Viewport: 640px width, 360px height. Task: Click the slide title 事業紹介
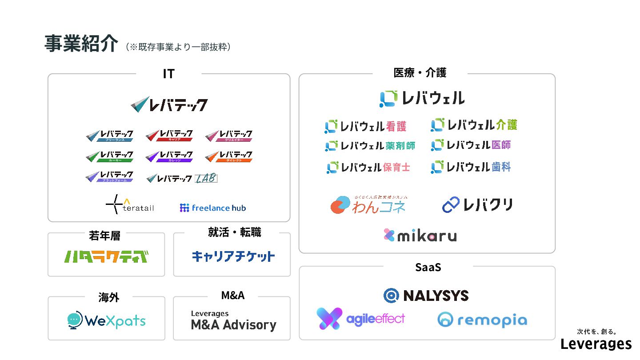[81, 44]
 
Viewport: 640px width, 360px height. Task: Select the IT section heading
[168, 74]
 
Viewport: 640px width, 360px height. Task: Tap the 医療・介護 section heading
[420, 73]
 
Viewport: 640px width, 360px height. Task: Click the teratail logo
[130, 205]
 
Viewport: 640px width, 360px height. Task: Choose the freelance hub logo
[213, 208]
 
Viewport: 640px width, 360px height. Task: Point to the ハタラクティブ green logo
[106, 256]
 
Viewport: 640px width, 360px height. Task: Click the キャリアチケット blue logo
[233, 256]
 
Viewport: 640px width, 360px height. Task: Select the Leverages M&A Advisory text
[233, 320]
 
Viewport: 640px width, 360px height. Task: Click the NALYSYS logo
[426, 296]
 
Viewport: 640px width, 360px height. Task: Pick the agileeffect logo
[360, 319]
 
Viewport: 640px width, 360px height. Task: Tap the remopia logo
[482, 320]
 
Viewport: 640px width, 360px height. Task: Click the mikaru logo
[420, 235]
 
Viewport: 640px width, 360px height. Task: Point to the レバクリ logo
[477, 205]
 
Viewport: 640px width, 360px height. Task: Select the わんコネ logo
[368, 205]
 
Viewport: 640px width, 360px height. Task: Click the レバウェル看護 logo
[365, 127]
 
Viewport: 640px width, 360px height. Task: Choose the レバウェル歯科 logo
[471, 167]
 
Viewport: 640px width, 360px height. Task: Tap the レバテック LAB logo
[182, 178]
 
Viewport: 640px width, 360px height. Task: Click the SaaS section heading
[428, 267]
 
